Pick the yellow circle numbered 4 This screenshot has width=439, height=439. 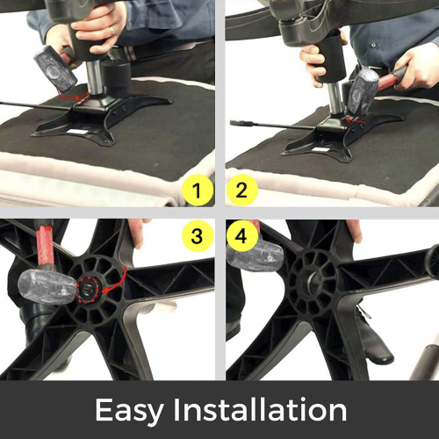click(x=241, y=236)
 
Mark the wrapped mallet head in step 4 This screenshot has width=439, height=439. click(x=255, y=255)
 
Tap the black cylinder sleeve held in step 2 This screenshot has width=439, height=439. click(x=332, y=54)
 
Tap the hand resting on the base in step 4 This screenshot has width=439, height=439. click(x=353, y=230)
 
